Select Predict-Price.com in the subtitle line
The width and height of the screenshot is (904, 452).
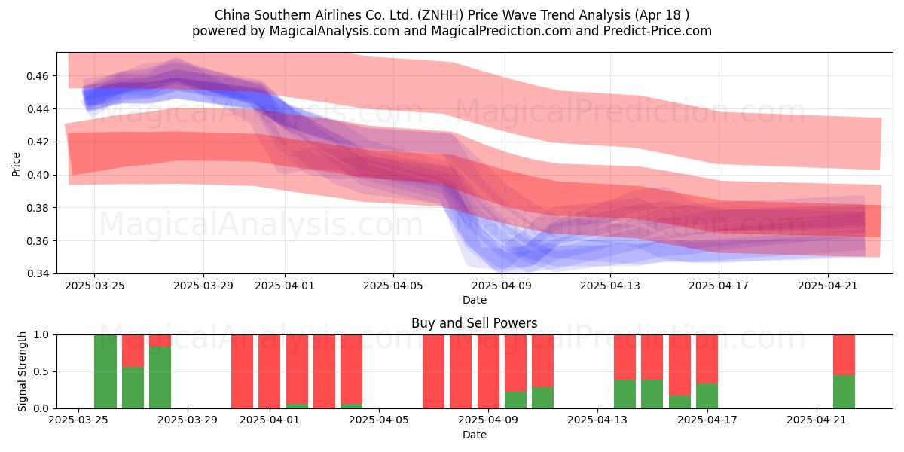tap(658, 31)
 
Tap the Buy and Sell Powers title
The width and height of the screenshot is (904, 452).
tap(474, 323)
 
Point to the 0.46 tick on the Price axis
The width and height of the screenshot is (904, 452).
tap(37, 76)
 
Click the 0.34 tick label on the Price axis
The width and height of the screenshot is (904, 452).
tap(37, 273)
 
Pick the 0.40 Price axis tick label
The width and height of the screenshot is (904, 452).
tap(37, 175)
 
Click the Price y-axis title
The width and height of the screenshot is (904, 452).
tap(16, 164)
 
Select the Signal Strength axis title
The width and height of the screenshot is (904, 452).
tap(22, 371)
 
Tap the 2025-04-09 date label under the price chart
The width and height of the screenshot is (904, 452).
tap(502, 286)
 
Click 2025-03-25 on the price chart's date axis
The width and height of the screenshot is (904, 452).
tap(95, 286)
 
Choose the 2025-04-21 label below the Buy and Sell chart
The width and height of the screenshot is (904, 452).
tap(817, 420)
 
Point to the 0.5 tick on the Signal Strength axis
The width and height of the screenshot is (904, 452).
tap(41, 371)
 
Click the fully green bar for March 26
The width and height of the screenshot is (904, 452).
tap(105, 371)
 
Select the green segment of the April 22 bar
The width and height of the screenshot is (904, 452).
tap(844, 392)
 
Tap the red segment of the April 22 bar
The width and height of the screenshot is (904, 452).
tap(844, 355)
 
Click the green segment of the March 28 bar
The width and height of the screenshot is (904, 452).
tap(160, 377)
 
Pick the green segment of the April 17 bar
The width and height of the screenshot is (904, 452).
tap(707, 395)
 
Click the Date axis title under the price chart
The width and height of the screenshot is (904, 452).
tap(474, 300)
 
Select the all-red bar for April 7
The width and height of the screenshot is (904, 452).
tap(433, 371)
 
